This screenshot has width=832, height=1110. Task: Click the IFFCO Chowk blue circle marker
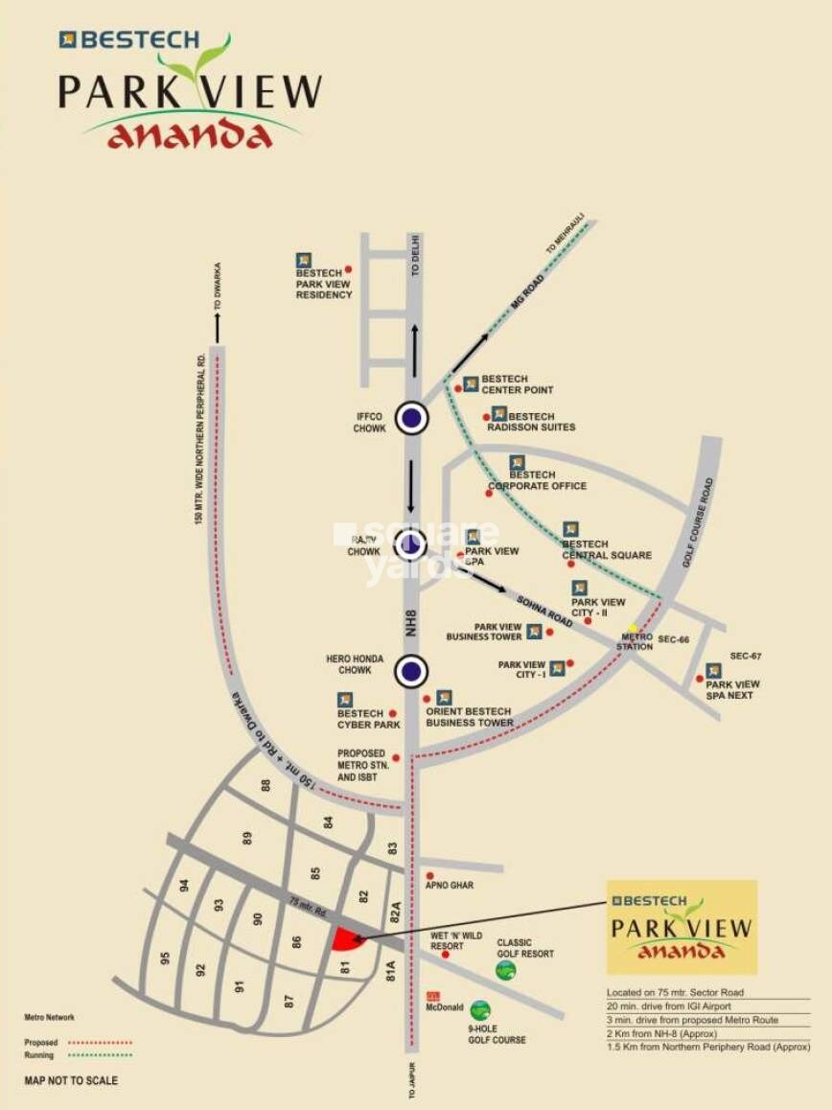(x=412, y=417)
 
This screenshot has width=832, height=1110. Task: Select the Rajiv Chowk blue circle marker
(x=411, y=544)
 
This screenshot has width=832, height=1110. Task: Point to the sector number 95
(x=166, y=959)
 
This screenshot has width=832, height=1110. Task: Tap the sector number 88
(x=266, y=785)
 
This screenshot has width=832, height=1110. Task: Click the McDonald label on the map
(x=446, y=1007)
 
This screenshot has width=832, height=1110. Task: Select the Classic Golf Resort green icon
(x=506, y=970)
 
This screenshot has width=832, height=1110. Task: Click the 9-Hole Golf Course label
(x=497, y=1033)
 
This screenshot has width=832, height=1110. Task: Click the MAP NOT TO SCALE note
(x=71, y=1081)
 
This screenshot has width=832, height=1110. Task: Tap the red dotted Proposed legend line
(x=100, y=1042)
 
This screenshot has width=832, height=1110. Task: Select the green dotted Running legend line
(x=100, y=1055)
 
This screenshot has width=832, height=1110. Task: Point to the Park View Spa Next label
(x=732, y=689)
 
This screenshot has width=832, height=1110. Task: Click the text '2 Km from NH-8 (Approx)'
(x=661, y=1033)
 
